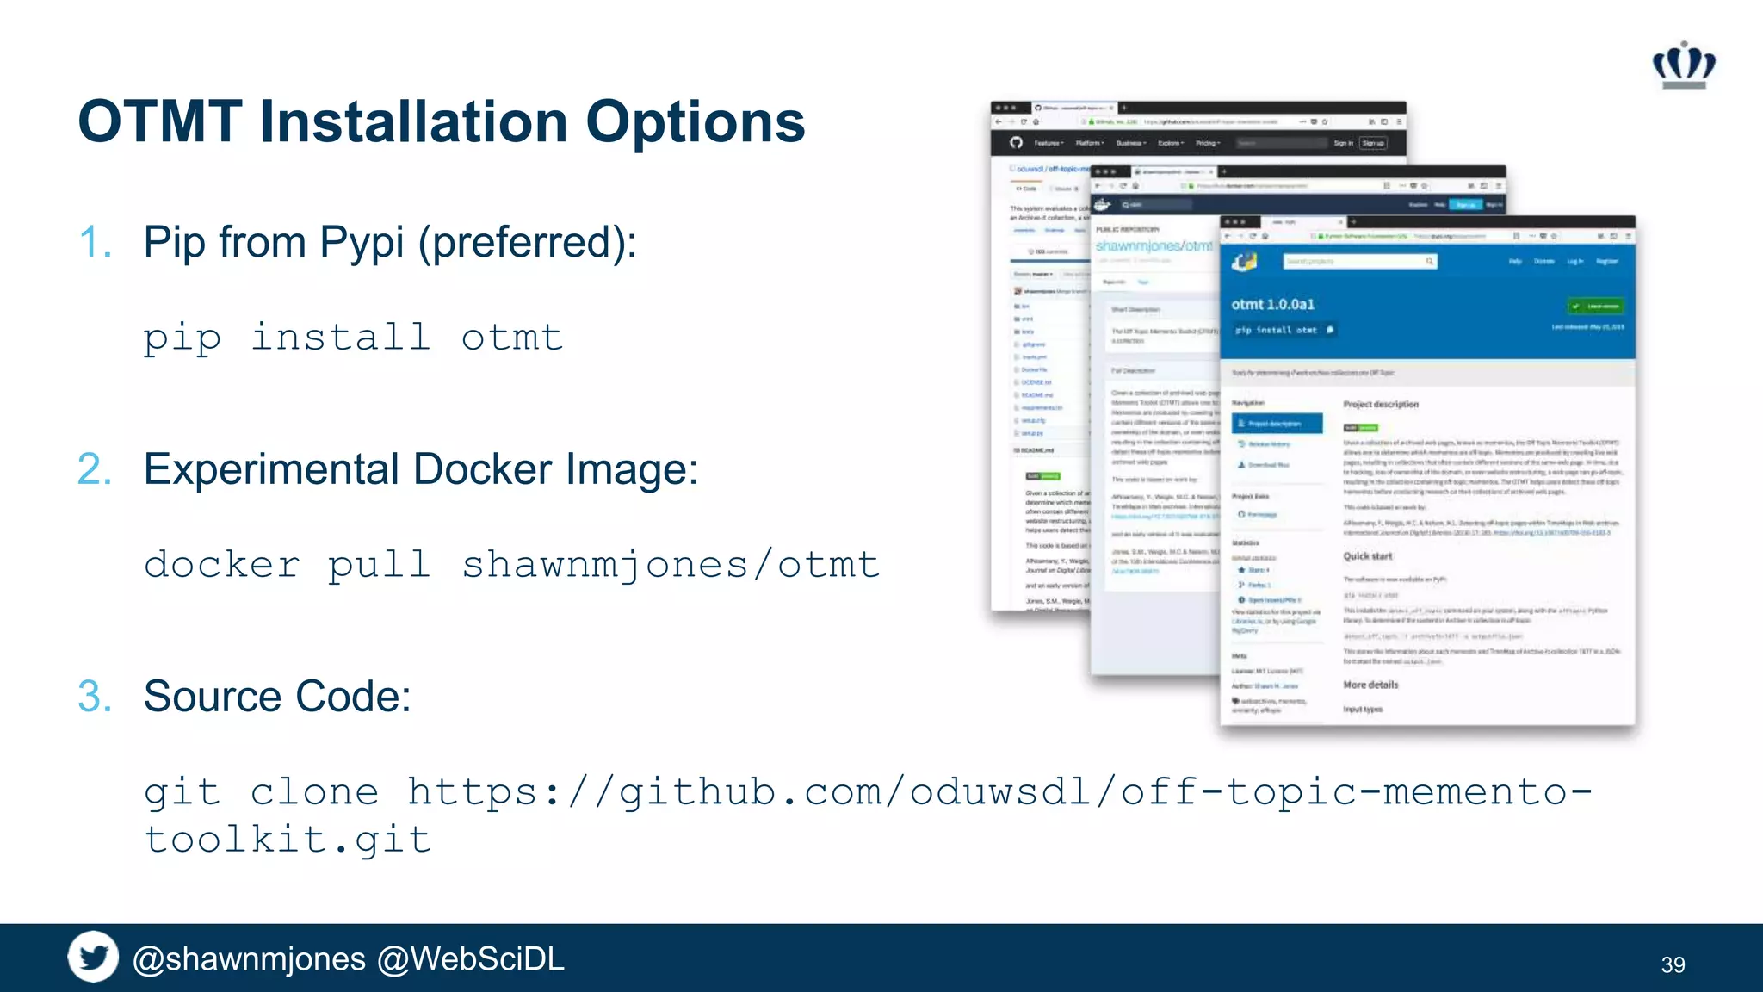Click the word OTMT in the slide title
pos(160,121)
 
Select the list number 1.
pos(94,242)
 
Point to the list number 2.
pos(94,469)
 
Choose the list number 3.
pos(94,697)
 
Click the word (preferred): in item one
pos(527,242)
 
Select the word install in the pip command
pos(340,337)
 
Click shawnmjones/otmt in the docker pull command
pos(671,565)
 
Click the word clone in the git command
pos(314,792)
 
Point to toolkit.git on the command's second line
pos(288,840)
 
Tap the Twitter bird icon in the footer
pos(93,957)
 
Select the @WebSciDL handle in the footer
pos(470,959)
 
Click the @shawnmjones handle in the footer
pos(249,959)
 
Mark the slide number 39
pos(1673,964)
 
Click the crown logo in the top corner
pos(1684,65)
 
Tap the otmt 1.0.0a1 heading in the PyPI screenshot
pos(1272,305)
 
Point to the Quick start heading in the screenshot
pos(1367,556)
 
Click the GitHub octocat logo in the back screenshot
pos(1016,143)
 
